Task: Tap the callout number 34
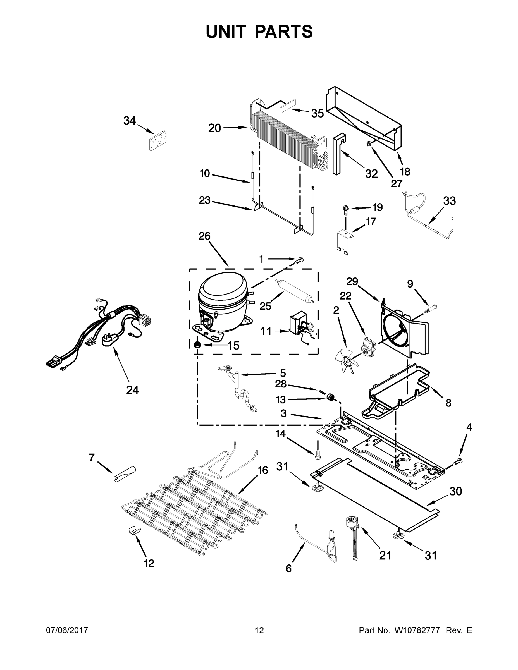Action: pos(130,121)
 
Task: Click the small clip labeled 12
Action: pos(134,530)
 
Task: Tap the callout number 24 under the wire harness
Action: pos(132,390)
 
